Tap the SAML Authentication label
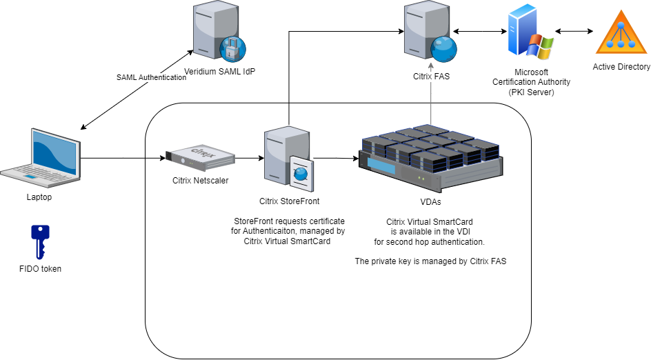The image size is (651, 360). tap(151, 77)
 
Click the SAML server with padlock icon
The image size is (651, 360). tap(218, 32)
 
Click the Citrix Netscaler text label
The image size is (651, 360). tap(200, 181)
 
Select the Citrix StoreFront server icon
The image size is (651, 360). tap(288, 158)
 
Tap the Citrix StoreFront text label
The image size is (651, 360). tap(289, 201)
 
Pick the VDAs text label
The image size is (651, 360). tap(430, 202)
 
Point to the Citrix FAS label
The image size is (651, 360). tap(430, 77)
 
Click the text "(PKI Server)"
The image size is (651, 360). tap(531, 92)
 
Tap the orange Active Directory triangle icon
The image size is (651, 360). tap(622, 32)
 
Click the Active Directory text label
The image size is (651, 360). tap(621, 67)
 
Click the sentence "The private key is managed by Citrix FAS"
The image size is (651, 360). tap(430, 261)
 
